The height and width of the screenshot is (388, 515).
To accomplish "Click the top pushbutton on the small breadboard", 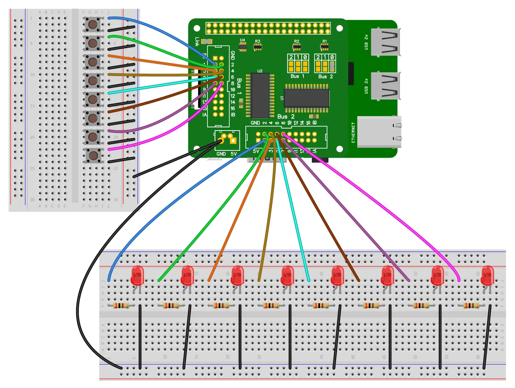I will click(x=93, y=25).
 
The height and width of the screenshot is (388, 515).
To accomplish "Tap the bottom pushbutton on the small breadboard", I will click(x=93, y=155).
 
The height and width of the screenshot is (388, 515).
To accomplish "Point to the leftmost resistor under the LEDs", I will click(x=121, y=305).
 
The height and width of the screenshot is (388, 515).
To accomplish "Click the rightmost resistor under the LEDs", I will click(x=471, y=305).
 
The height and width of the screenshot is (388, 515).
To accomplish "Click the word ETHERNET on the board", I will click(x=353, y=132).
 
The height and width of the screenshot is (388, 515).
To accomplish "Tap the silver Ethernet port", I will click(x=379, y=132).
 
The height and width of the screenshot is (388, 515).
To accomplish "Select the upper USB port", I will click(x=386, y=42).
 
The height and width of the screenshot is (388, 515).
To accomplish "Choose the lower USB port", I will click(x=386, y=86).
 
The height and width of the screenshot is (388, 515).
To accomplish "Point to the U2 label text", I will click(x=260, y=71).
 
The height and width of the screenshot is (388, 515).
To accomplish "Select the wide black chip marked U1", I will click(x=306, y=98).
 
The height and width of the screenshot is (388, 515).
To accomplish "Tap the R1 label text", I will click(x=324, y=42).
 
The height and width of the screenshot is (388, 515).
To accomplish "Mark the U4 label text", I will click(x=242, y=40).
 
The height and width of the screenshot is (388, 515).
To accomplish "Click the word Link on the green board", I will click(x=197, y=42).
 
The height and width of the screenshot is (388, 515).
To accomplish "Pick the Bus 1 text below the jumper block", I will click(x=297, y=76).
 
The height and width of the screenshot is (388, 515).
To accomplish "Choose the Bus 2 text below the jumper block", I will click(x=325, y=76).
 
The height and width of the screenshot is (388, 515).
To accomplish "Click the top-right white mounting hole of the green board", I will click(x=340, y=28).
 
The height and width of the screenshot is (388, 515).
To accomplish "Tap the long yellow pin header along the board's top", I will click(x=268, y=28).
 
